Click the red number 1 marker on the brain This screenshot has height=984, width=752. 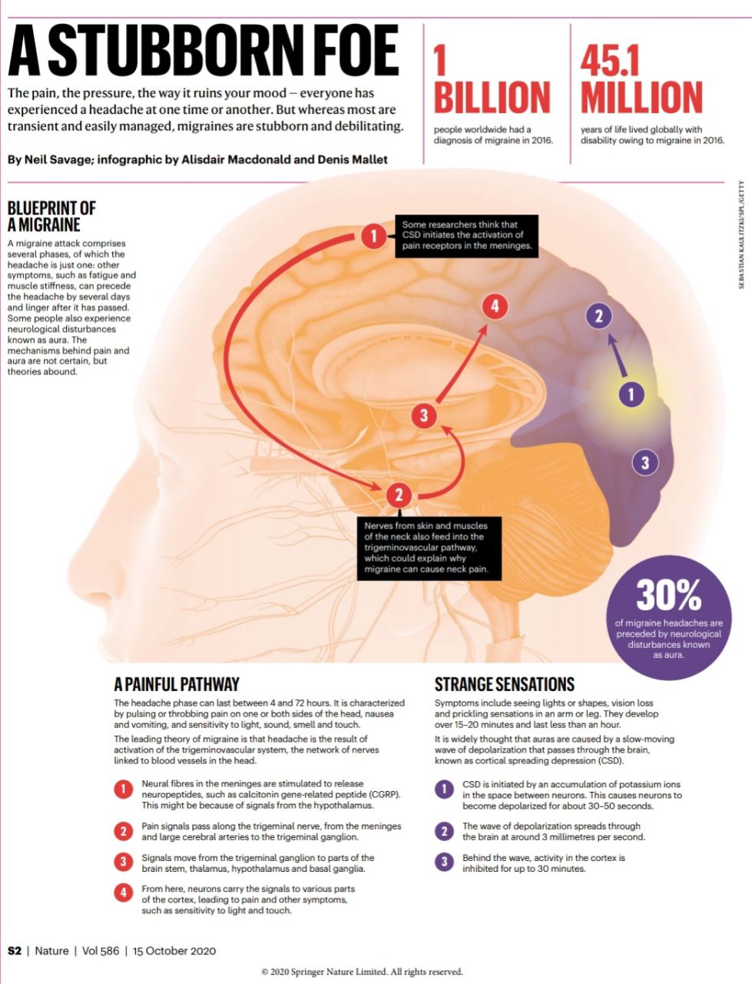[373, 235]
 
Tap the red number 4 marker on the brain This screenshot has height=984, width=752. [495, 307]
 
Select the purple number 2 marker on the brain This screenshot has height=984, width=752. [599, 317]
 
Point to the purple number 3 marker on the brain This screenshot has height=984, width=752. [645, 462]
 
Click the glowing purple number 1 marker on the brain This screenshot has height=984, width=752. [631, 394]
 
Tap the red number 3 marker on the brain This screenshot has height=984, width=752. [424, 415]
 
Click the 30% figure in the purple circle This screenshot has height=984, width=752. [669, 595]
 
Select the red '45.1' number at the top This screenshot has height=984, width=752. [610, 61]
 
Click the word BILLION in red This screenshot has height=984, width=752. [492, 97]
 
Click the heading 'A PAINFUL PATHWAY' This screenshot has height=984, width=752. [177, 684]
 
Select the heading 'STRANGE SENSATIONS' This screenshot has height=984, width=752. [505, 684]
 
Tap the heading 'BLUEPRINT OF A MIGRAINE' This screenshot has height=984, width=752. [51, 216]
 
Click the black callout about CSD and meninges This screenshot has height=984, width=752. [466, 236]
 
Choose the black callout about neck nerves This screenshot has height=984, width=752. [429, 548]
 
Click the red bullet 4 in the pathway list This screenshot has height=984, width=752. [123, 893]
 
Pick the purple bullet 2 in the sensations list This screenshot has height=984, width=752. [444, 831]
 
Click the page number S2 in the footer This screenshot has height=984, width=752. [15, 951]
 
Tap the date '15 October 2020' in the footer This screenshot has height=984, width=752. [174, 951]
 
